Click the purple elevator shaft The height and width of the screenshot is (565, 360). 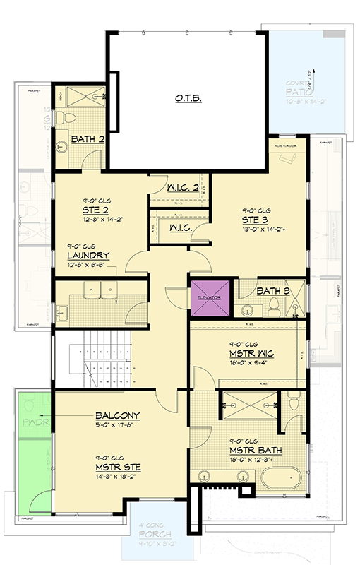click(x=209, y=299)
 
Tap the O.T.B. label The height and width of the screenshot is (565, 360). click(x=188, y=99)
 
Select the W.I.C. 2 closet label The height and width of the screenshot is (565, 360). click(x=183, y=187)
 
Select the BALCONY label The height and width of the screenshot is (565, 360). click(x=116, y=415)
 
